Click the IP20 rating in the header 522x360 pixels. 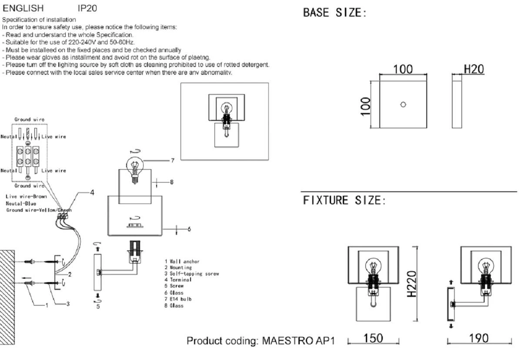[x=87, y=8]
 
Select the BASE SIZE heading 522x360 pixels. [x=335, y=13]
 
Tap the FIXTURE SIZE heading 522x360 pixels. [x=344, y=200]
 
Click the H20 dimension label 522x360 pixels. [x=474, y=69]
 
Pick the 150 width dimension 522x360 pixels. [x=373, y=338]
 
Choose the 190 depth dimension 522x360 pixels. [x=479, y=338]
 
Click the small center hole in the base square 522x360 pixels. [x=403, y=104]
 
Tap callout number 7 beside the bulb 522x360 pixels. [x=172, y=160]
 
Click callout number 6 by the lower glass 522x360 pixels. [x=189, y=229]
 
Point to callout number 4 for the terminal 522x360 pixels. [x=92, y=192]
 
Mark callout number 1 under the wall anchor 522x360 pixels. [x=46, y=305]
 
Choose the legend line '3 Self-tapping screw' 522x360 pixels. [x=191, y=274]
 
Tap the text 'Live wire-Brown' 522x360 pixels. [x=27, y=197]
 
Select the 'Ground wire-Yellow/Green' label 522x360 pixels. [x=39, y=210]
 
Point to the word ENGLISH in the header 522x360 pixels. [x=23, y=8]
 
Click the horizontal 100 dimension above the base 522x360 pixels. [x=403, y=69]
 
